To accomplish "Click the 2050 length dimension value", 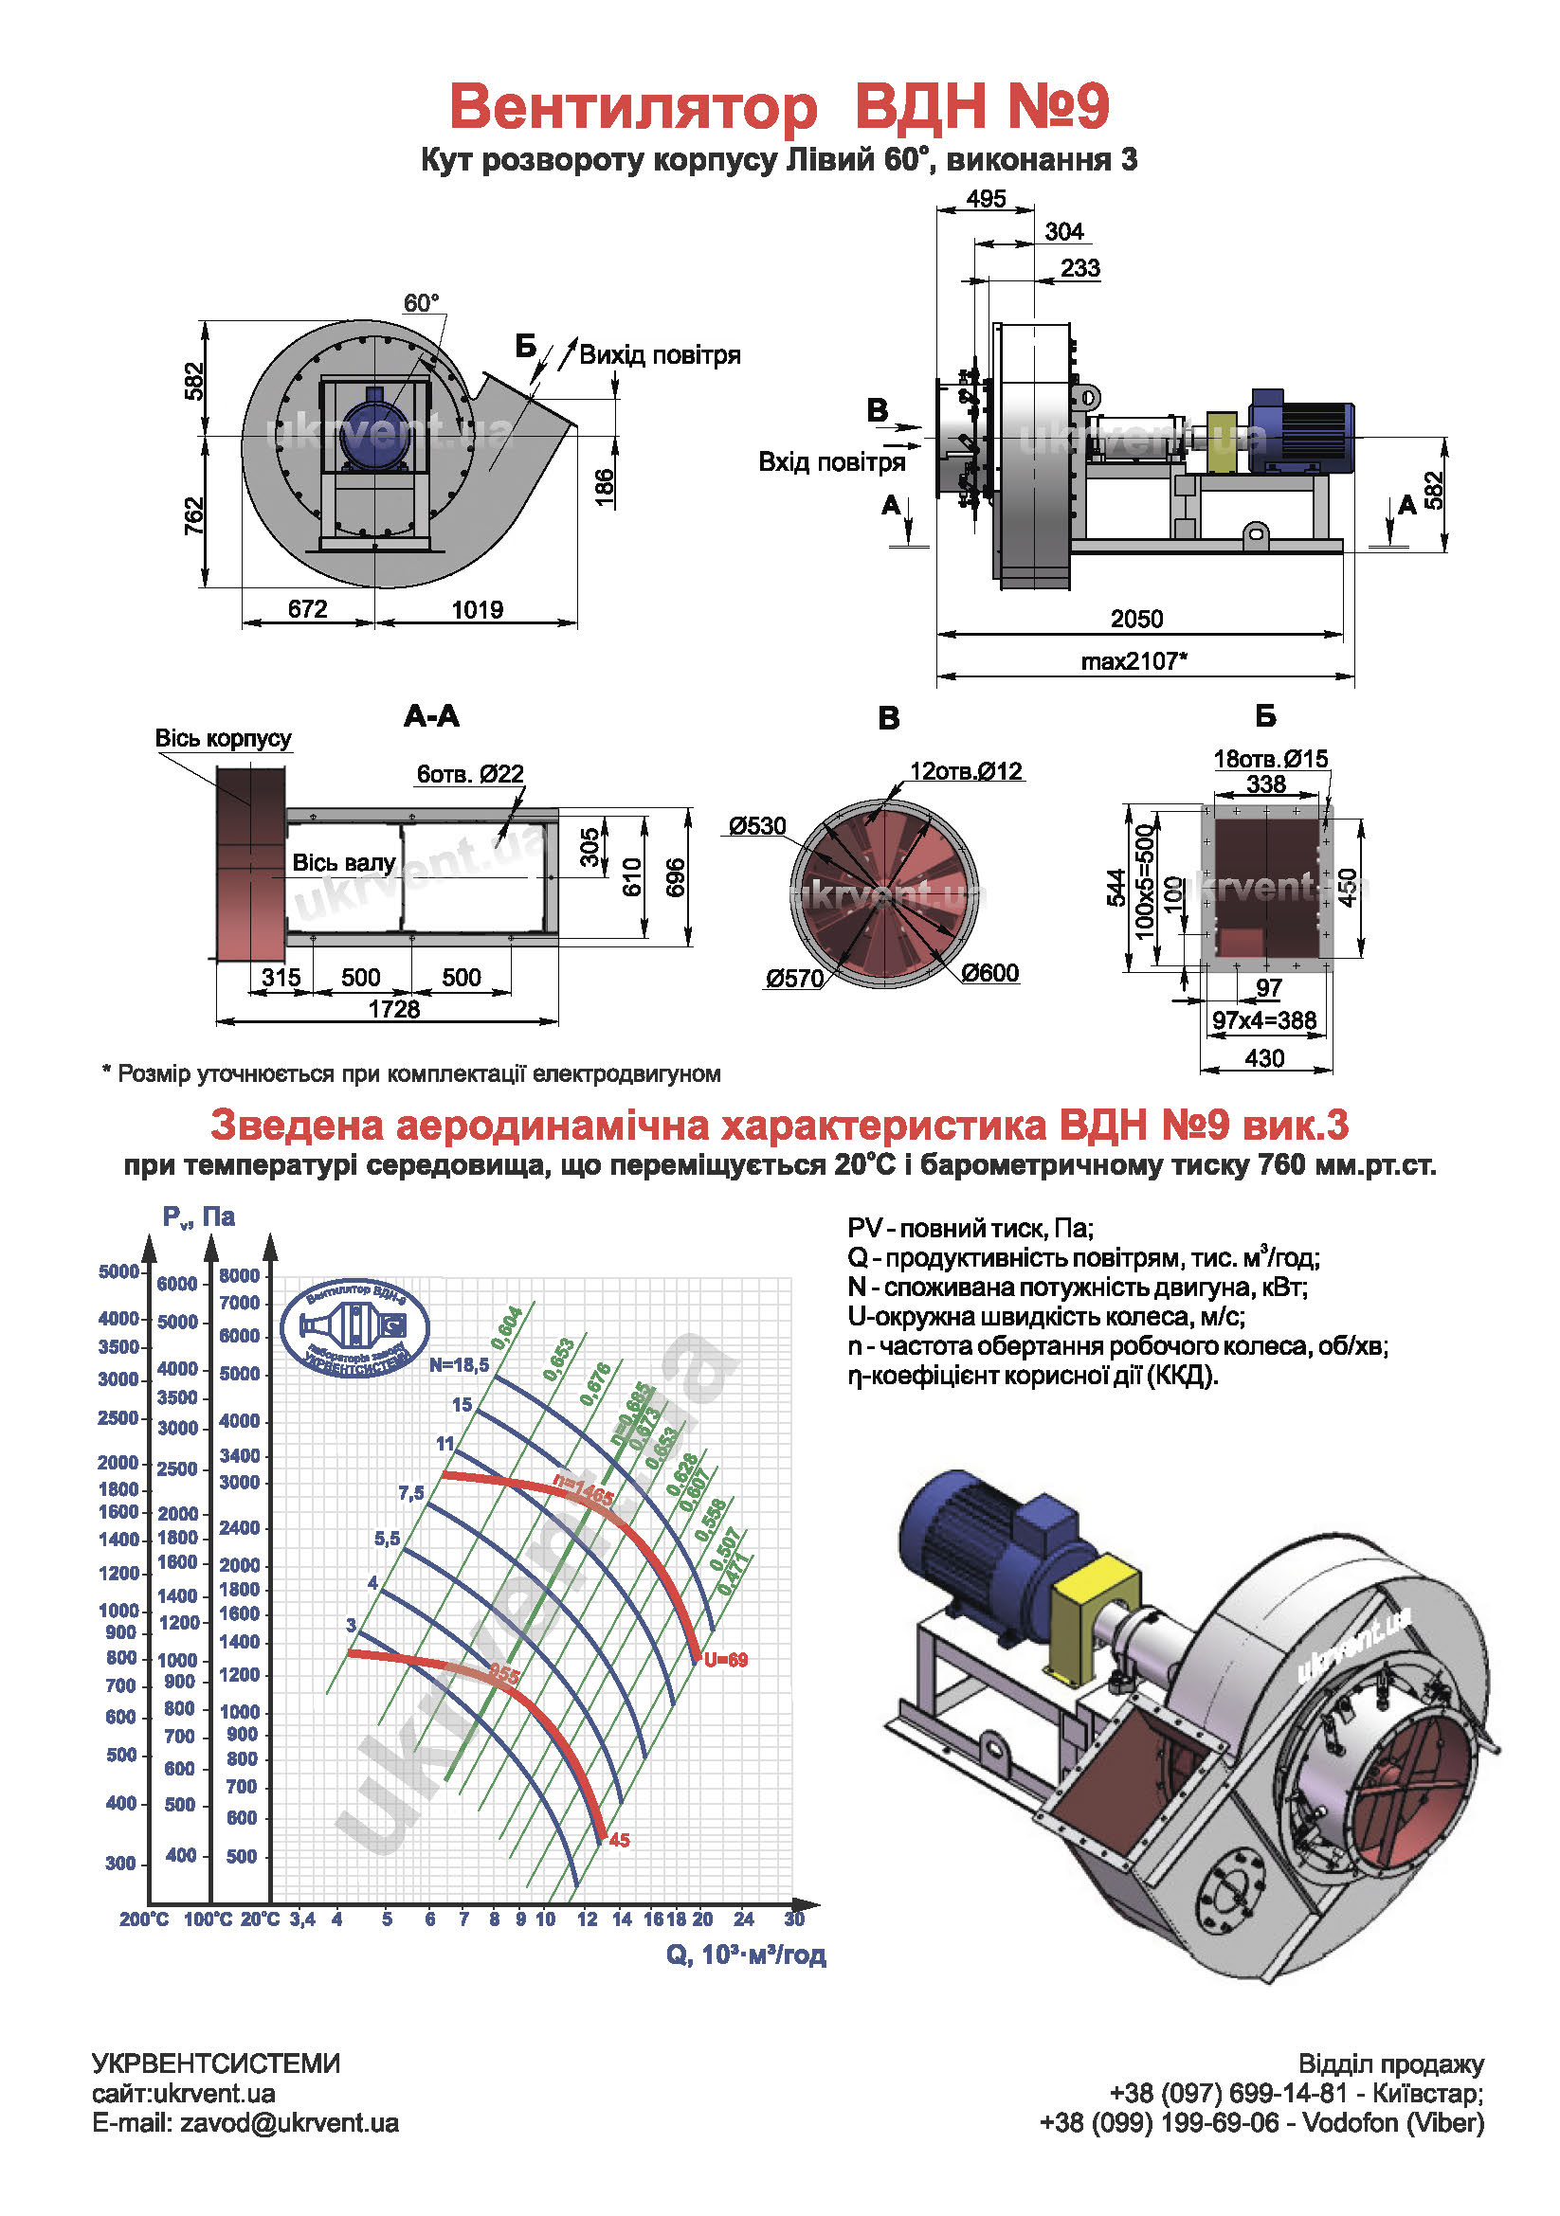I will [x=1136, y=619].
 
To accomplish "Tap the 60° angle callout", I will [x=421, y=303].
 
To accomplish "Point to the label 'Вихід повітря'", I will [x=661, y=355].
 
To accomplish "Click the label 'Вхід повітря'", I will [x=831, y=462].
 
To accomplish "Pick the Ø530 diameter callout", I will [x=757, y=826].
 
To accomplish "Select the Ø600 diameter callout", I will [x=989, y=973].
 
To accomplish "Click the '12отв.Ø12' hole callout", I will [x=966, y=771].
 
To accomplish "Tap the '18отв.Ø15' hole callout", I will [x=1270, y=760].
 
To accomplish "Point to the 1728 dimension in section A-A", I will [x=394, y=1010].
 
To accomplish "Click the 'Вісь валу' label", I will [x=344, y=863].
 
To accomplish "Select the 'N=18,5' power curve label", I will [x=460, y=1364].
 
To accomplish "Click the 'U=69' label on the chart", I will [x=725, y=1660].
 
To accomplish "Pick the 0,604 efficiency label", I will [x=507, y=1329].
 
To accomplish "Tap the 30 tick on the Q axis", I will [x=794, y=1919].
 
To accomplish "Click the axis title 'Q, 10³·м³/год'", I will [x=745, y=1955].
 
